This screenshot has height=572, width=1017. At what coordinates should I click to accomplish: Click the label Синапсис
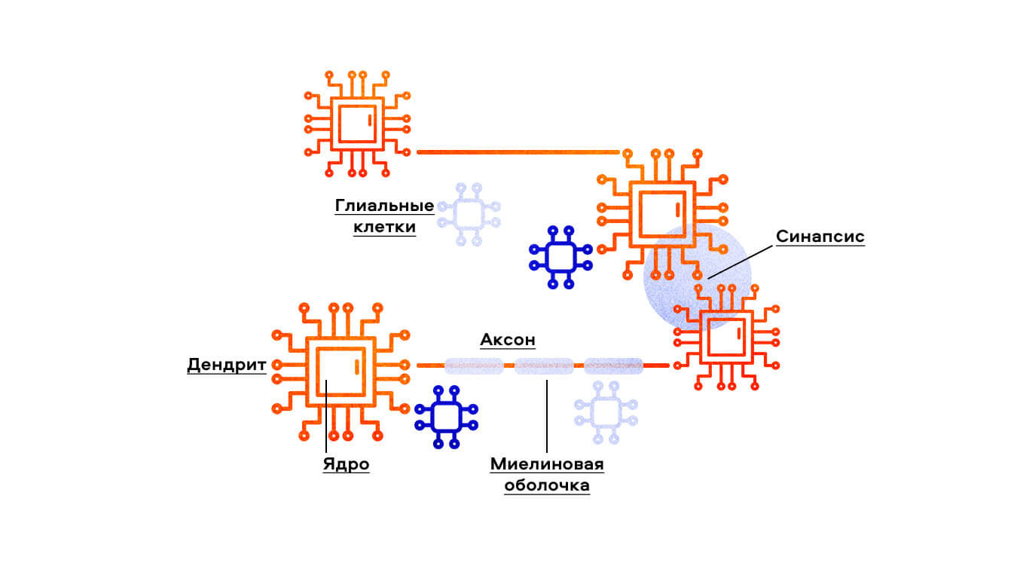(x=820, y=237)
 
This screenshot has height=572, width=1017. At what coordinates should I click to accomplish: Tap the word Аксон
(x=508, y=340)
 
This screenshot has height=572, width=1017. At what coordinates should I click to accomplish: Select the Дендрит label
(x=226, y=366)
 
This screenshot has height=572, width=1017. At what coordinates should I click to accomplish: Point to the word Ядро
(x=347, y=463)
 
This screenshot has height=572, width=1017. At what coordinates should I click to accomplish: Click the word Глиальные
(x=384, y=206)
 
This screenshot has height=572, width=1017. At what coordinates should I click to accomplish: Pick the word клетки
(x=384, y=227)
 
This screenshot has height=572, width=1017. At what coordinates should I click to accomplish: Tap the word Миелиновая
(x=547, y=463)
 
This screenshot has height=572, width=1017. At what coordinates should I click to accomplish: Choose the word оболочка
(x=547, y=485)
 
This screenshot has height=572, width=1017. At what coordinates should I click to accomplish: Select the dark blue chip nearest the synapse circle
(x=560, y=257)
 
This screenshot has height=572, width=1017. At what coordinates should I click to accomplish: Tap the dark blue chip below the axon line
(x=446, y=417)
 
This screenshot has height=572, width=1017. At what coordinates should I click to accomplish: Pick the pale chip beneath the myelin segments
(x=606, y=411)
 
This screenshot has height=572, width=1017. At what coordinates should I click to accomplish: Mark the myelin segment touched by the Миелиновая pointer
(x=544, y=366)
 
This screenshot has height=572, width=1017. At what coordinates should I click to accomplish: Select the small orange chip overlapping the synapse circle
(x=725, y=336)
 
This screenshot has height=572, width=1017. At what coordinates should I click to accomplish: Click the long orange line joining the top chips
(x=518, y=152)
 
